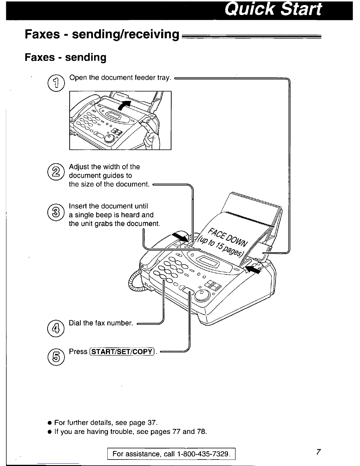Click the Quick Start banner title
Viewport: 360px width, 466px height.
click(x=273, y=10)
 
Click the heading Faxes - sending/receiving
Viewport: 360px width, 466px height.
click(x=102, y=34)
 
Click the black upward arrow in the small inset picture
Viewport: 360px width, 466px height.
click(x=126, y=105)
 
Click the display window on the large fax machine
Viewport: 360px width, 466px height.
click(x=208, y=261)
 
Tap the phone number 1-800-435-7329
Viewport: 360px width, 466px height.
click(x=203, y=454)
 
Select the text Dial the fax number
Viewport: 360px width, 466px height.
click(x=101, y=323)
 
